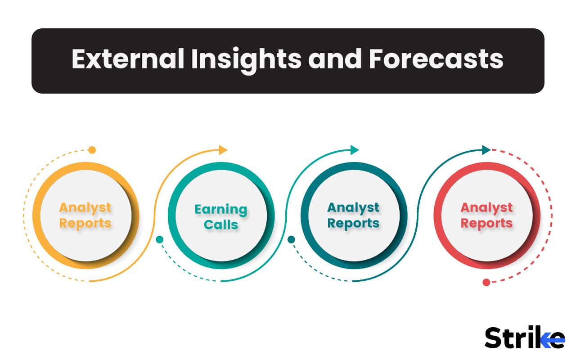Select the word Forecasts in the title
(x=436, y=59)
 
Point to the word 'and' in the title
(x=335, y=59)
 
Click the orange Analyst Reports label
(x=85, y=216)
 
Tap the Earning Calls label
(x=221, y=216)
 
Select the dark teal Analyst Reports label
(x=353, y=216)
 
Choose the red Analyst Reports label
(x=486, y=216)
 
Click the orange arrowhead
(x=223, y=150)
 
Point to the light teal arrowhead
(x=355, y=150)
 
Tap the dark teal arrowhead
(x=486, y=150)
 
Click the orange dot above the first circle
(x=92, y=150)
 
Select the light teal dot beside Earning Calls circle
(x=159, y=239)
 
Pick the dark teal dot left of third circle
(x=291, y=239)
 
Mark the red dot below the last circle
(x=486, y=282)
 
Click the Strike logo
(x=525, y=337)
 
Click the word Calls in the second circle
(x=221, y=225)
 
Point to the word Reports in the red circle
(x=486, y=223)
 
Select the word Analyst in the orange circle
(x=85, y=208)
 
